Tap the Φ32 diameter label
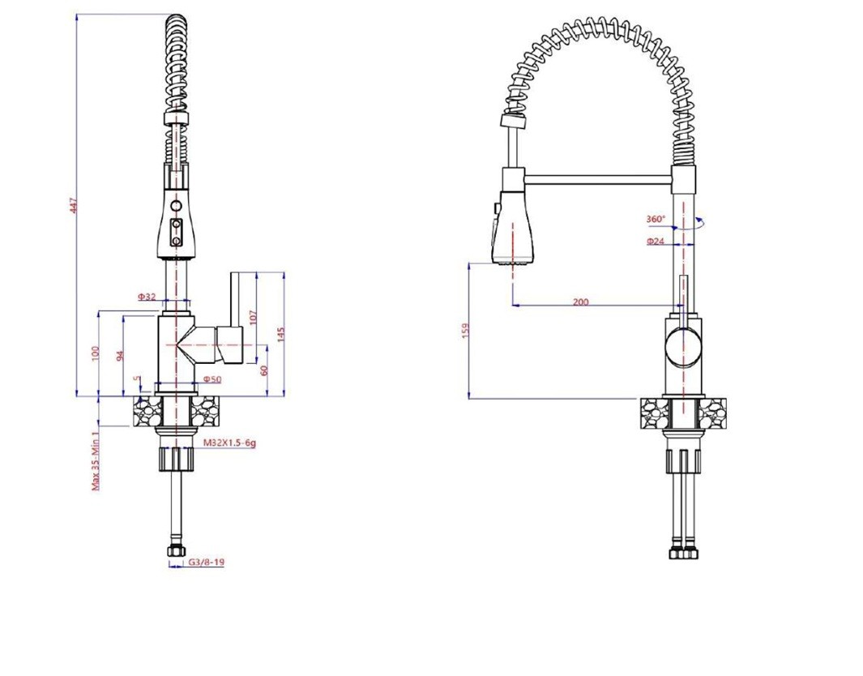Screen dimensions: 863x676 147,297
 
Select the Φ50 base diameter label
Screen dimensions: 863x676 211,379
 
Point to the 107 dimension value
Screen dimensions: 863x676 253,319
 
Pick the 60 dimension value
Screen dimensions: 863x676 263,370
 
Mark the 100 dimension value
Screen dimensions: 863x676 96,354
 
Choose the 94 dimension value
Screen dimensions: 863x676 121,354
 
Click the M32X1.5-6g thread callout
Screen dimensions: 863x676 229,443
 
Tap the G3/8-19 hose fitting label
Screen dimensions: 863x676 207,562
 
